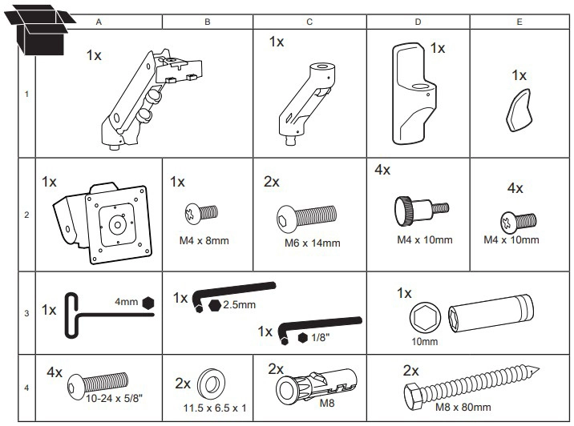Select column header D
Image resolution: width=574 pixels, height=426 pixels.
(418, 22)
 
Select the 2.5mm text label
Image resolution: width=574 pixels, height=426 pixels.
(241, 305)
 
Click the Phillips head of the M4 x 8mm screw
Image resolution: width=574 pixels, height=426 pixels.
(192, 212)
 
